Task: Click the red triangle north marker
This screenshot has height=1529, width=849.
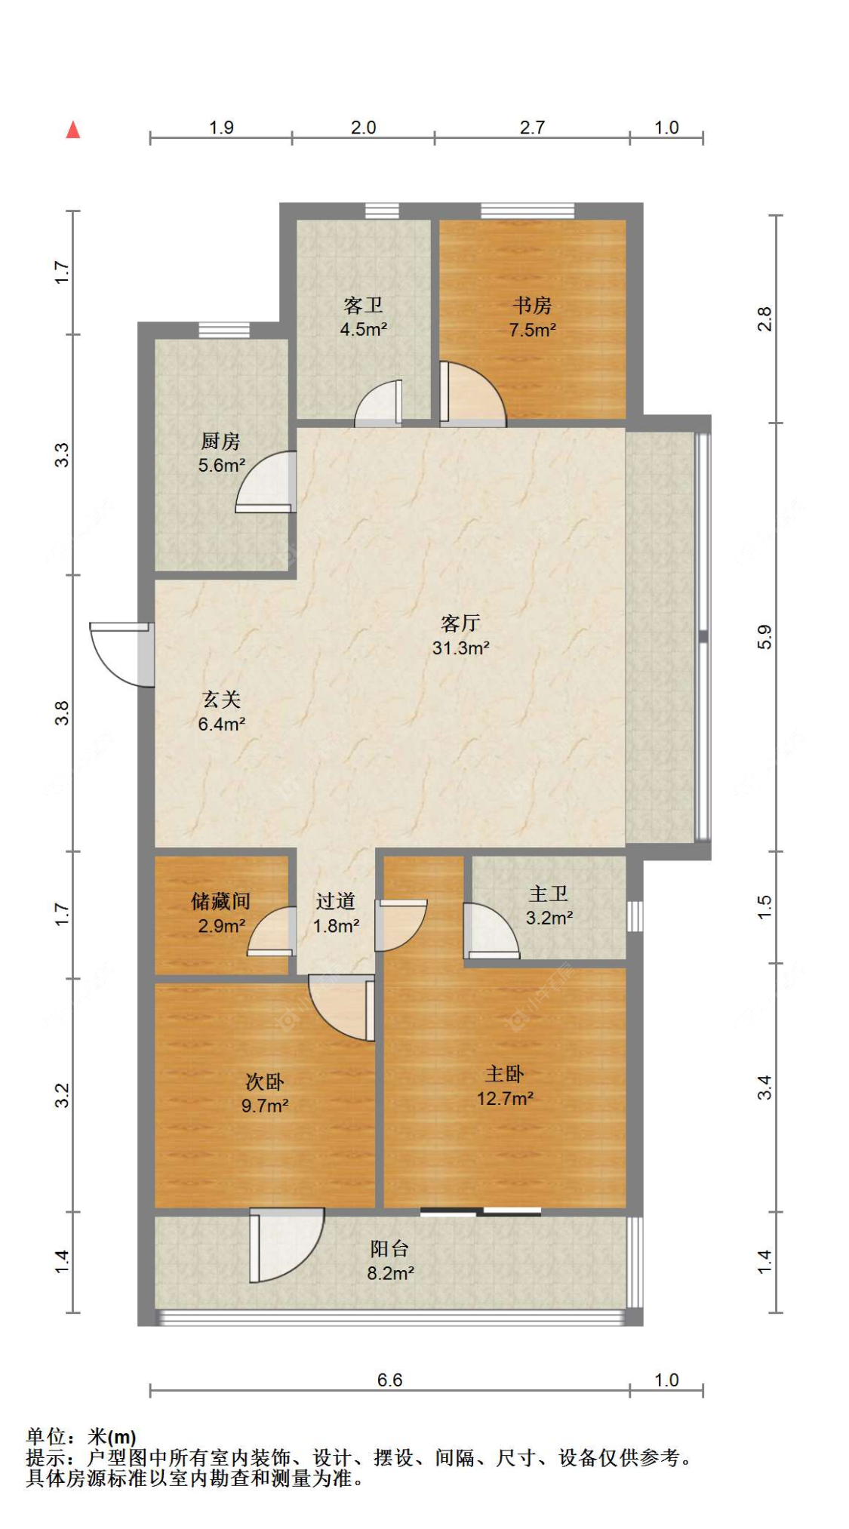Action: [73, 130]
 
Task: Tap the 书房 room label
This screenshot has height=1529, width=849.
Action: [532, 305]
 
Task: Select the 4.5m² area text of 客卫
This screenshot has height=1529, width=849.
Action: [364, 329]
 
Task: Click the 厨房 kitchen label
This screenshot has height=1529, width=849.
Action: [220, 440]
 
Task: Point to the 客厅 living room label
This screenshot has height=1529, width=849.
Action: [460, 623]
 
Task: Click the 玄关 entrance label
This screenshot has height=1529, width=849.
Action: [221, 700]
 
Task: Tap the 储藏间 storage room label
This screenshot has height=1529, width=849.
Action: [220, 900]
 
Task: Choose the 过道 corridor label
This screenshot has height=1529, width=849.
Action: [336, 900]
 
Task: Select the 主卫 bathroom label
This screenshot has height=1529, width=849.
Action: [549, 894]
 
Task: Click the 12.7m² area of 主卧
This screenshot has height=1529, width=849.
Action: [505, 1098]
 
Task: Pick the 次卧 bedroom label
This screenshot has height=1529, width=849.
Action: [265, 1081]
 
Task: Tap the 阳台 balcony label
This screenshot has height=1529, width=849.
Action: [389, 1249]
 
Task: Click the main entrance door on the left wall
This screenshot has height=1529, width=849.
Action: [122, 654]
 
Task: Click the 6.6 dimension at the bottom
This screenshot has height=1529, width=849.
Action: [389, 1380]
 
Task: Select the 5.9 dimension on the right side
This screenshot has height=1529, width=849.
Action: [764, 637]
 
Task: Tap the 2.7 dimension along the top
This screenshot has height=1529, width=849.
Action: [532, 127]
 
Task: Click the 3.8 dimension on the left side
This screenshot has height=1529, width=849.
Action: [62, 713]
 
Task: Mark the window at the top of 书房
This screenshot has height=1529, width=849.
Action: [528, 211]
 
